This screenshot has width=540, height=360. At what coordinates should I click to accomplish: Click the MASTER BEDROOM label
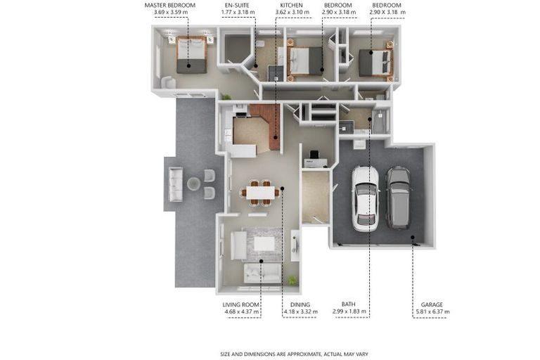pyautogui.click(x=169, y=6)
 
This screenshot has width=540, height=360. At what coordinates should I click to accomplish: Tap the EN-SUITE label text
pyautogui.click(x=237, y=6)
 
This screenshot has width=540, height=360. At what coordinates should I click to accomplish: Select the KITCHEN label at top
pyautogui.click(x=291, y=6)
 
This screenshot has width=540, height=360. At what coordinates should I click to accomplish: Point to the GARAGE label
pyautogui.click(x=432, y=304)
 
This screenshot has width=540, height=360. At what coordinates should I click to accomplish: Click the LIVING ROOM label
pyautogui.click(x=240, y=304)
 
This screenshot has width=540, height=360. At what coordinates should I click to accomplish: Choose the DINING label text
pyautogui.click(x=300, y=304)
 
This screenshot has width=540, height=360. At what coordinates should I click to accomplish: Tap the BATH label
pyautogui.click(x=349, y=304)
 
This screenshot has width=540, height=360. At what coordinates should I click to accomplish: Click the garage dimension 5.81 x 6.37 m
pyautogui.click(x=430, y=311)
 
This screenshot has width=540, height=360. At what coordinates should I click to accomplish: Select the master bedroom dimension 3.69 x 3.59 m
pyautogui.click(x=171, y=13)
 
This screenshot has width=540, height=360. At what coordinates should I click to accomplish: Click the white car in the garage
pyautogui.click(x=366, y=199)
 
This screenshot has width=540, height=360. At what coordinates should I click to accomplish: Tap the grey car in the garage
pyautogui.click(x=399, y=198)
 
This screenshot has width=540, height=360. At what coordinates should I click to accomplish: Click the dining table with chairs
pyautogui.click(x=261, y=193)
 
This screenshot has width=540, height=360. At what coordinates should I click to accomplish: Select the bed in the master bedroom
pyautogui.click(x=192, y=55)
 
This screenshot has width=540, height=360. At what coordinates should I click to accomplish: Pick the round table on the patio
pyautogui.click(x=193, y=184)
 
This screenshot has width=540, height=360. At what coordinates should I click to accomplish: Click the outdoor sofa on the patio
pyautogui.click(x=175, y=184)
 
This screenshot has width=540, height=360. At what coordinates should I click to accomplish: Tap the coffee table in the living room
pyautogui.click(x=264, y=244)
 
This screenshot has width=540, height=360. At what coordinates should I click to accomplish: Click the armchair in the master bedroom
pyautogui.click(x=169, y=82)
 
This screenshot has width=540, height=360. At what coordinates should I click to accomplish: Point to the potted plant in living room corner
pyautogui.click(x=292, y=280)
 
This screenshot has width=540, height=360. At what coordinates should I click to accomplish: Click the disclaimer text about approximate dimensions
pyautogui.click(x=295, y=354)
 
